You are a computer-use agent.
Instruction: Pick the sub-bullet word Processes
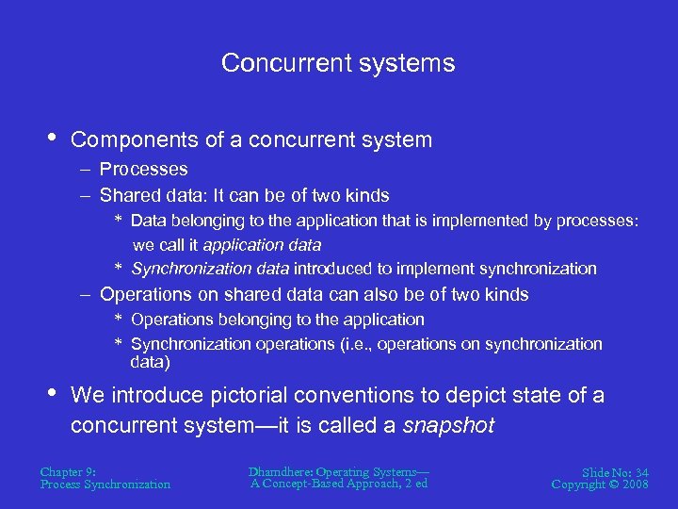pyautogui.click(x=144, y=170)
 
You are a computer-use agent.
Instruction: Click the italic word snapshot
pyautogui.click(x=448, y=425)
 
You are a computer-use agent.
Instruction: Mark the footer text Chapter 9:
pyautogui.click(x=68, y=471)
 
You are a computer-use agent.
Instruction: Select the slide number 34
pyautogui.click(x=640, y=471)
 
